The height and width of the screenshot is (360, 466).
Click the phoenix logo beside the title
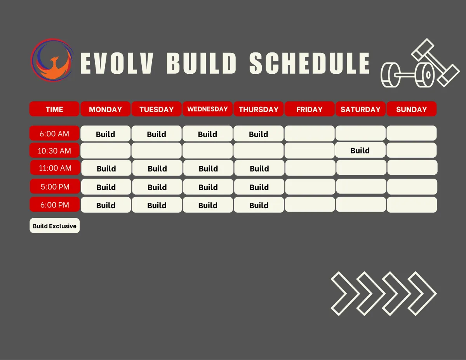[52, 60]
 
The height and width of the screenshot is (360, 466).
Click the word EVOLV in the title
[117, 63]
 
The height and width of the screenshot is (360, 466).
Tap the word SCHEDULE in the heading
[310, 63]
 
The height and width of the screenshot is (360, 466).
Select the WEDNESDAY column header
[207, 109]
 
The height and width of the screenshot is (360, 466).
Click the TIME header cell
[54, 109]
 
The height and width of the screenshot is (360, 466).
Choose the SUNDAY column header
[412, 109]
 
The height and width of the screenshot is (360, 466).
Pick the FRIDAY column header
[310, 109]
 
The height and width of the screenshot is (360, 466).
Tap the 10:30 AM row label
[54, 151]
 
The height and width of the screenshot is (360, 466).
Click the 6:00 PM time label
[55, 205]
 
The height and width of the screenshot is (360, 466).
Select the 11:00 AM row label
[55, 168]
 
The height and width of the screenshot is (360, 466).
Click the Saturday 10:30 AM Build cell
[360, 150]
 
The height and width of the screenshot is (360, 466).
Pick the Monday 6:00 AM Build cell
[106, 133]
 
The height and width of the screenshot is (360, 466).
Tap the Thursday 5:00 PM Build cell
[259, 186]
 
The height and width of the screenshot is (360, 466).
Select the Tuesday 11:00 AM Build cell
[157, 168]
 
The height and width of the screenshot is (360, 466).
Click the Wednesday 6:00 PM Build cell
[208, 205]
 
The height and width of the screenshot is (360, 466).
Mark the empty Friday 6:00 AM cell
[310, 133]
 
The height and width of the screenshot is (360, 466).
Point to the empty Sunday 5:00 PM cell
[412, 186]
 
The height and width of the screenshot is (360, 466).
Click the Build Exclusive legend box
[55, 226]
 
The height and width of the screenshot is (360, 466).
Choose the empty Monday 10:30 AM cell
[106, 151]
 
